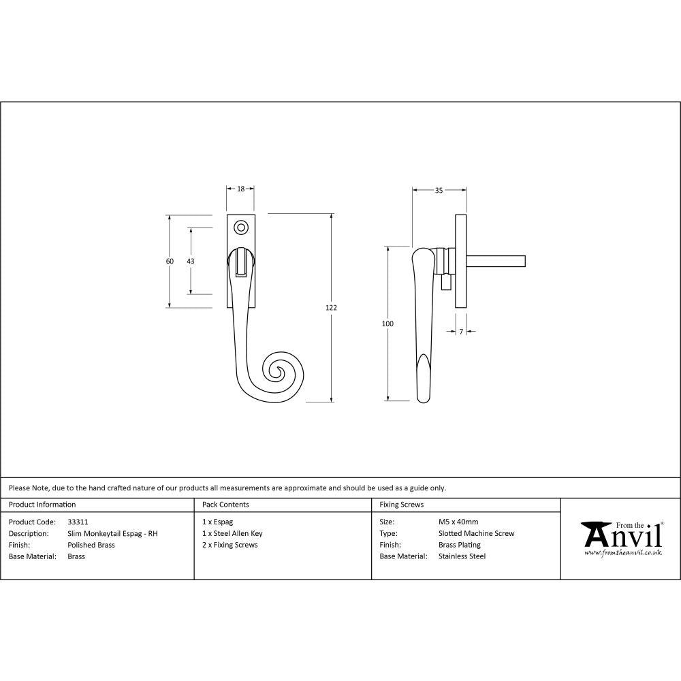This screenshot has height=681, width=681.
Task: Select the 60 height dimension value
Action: tap(170, 262)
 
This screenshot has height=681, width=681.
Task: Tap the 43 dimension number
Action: tap(191, 262)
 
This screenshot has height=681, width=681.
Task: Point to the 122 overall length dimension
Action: tap(331, 308)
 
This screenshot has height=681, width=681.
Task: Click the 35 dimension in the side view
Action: tap(439, 191)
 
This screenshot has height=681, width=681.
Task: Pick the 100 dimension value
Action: tap(387, 324)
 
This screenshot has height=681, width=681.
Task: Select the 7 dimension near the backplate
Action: tap(461, 331)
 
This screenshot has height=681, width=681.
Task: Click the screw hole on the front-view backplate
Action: tap(240, 225)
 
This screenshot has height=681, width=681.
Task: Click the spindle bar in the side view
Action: tap(496, 260)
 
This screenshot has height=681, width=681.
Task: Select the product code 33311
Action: tap(78, 522)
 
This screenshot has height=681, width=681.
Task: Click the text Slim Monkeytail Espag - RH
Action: tap(112, 533)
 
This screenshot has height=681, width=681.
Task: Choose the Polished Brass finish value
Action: tap(91, 545)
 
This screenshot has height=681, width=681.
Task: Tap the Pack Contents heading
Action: tap(225, 505)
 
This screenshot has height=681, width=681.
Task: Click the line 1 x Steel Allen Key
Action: tap(232, 533)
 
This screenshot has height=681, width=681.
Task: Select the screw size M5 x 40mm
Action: tap(458, 522)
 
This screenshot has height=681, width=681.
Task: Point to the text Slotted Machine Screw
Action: tap(476, 533)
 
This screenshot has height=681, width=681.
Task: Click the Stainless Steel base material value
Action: tap(462, 556)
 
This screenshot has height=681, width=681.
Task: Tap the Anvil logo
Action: tap(621, 537)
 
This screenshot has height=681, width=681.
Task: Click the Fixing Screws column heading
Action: tap(401, 505)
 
